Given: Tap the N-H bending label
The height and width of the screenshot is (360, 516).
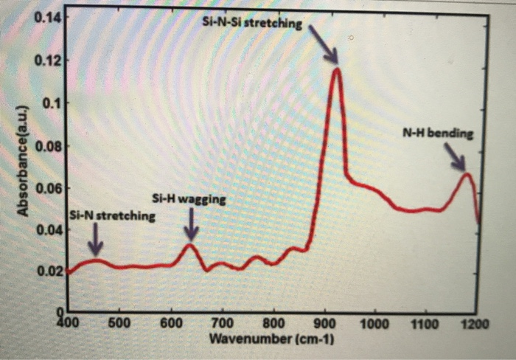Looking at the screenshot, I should pyautogui.click(x=436, y=135).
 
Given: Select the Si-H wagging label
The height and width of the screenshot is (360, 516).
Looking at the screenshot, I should pyautogui.click(x=189, y=199).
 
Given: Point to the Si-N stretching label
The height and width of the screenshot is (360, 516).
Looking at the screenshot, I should pyautogui.click(x=112, y=216).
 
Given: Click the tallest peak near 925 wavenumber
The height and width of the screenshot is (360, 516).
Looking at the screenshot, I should pyautogui.click(x=337, y=69).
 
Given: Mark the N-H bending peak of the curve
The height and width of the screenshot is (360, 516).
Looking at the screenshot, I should pyautogui.click(x=465, y=173).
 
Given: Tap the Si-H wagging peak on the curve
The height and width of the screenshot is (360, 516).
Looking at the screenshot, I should pyautogui.click(x=190, y=244).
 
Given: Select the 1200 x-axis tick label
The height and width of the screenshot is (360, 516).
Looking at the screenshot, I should pyautogui.click(x=476, y=323).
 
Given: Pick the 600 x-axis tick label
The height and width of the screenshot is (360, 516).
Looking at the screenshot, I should pyautogui.click(x=170, y=323).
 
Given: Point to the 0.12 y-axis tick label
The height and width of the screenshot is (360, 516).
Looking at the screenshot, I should pyautogui.click(x=46, y=59).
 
